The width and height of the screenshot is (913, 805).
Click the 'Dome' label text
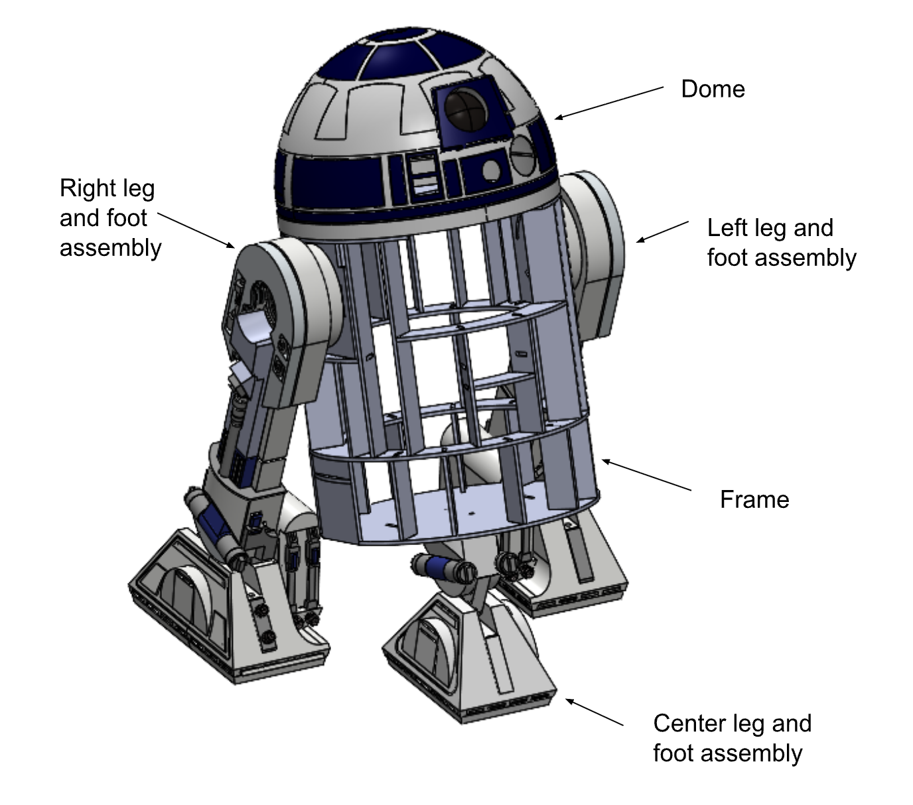(713, 90)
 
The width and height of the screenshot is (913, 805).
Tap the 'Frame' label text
(754, 499)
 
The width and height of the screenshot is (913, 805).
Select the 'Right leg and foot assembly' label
(110, 217)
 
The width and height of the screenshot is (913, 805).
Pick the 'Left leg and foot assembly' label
(781, 243)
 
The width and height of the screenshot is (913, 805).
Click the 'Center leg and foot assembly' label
(732, 738)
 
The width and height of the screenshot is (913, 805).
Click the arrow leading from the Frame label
(646, 475)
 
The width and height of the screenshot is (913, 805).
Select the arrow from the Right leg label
(196, 230)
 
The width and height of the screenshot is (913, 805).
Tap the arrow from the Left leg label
(662, 231)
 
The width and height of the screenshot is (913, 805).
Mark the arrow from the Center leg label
(594, 712)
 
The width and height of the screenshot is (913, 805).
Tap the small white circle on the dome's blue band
(491, 170)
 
